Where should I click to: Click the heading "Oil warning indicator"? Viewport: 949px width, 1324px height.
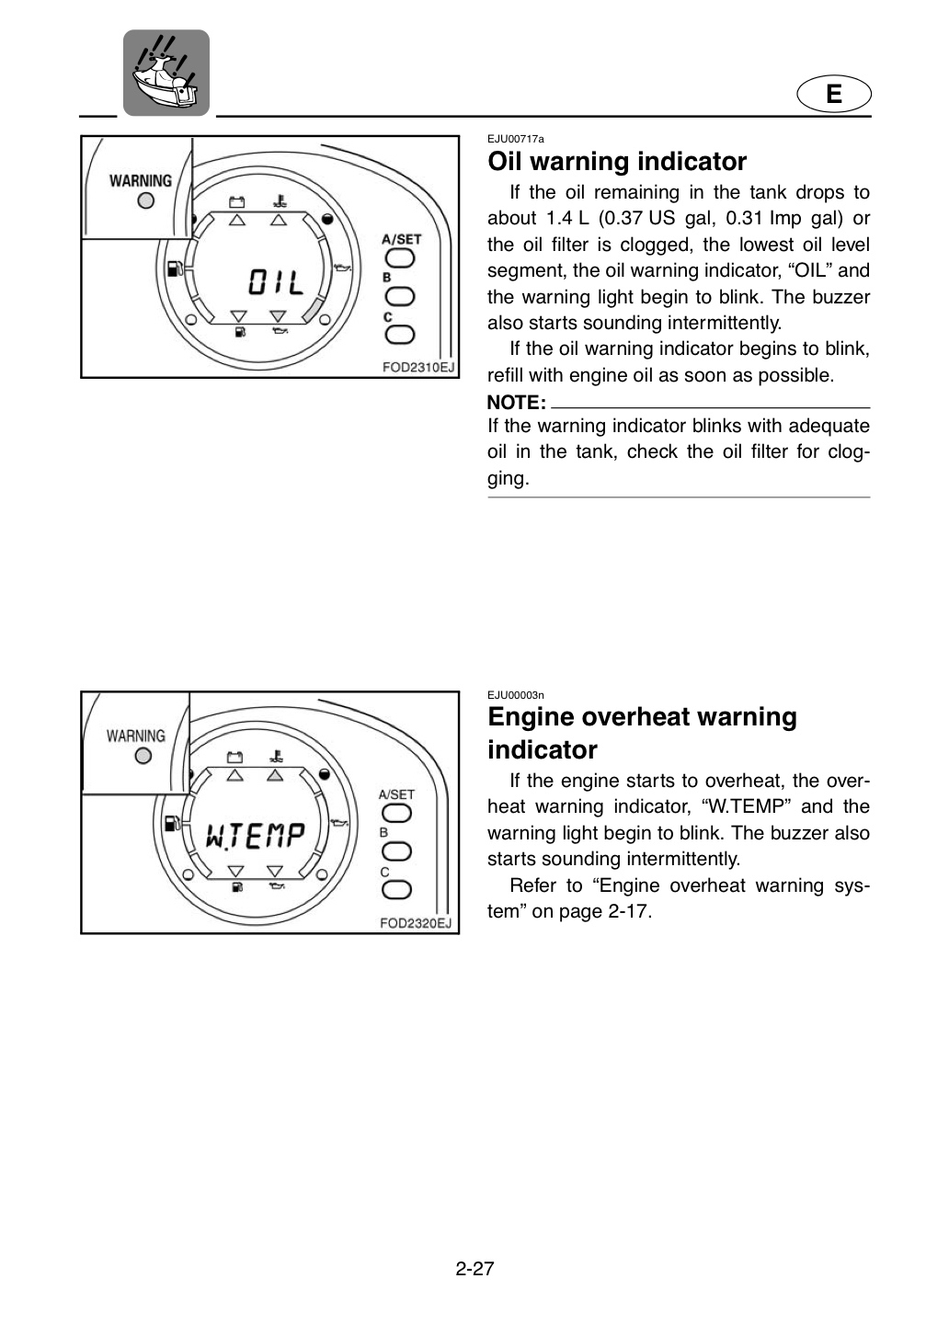617,162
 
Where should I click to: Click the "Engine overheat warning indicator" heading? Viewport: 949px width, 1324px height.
642,733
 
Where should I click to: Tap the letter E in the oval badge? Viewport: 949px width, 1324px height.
834,94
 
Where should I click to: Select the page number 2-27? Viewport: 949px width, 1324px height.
474,1269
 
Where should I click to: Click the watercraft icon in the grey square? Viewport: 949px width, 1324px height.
166,73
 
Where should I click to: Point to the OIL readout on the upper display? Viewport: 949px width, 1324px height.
276,282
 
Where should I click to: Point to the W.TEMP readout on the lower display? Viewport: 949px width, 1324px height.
256,836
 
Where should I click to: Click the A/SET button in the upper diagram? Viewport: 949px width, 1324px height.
400,258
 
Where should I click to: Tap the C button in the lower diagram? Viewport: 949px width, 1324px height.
397,890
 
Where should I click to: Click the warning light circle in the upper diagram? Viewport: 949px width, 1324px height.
145,201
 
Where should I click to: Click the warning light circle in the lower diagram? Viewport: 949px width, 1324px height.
143,756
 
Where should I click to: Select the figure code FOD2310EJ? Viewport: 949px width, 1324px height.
418,367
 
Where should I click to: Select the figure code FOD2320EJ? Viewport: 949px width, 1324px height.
416,923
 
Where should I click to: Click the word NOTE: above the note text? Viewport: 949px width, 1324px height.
516,403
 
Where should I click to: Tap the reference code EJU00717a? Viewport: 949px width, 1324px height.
516,139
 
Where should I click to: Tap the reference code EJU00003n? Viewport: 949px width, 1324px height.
516,695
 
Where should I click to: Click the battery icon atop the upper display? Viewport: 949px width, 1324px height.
236,202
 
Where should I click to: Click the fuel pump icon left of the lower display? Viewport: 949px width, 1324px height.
173,824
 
